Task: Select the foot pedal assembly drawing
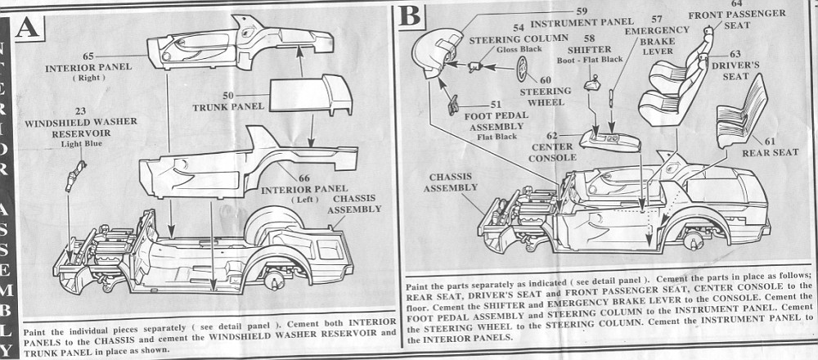point(454,103)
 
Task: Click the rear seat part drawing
point(737,122)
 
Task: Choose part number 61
point(770,142)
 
